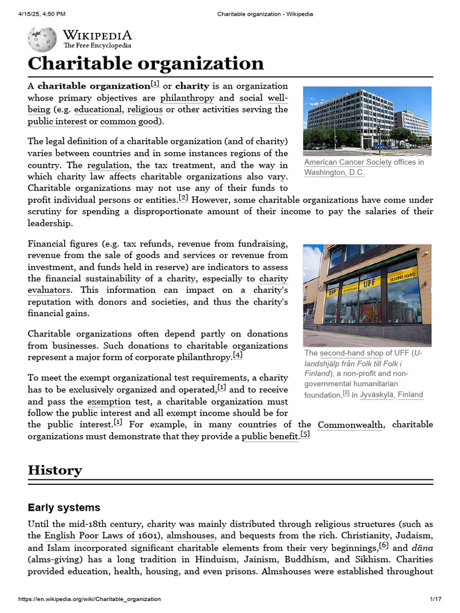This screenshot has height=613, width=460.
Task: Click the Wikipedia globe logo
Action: (x=42, y=40)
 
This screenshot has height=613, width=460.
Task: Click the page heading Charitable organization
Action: (x=146, y=63)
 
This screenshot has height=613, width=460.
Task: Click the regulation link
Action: (x=108, y=165)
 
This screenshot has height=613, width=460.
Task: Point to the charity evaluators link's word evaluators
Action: (x=49, y=290)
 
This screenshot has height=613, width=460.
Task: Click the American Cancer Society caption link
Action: (x=347, y=162)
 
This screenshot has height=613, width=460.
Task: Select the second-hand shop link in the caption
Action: (x=351, y=353)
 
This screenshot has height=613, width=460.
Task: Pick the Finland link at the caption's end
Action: (x=410, y=394)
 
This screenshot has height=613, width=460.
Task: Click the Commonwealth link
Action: (x=350, y=425)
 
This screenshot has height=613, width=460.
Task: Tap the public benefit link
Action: (x=270, y=437)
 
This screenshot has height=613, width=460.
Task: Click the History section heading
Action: (x=55, y=471)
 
